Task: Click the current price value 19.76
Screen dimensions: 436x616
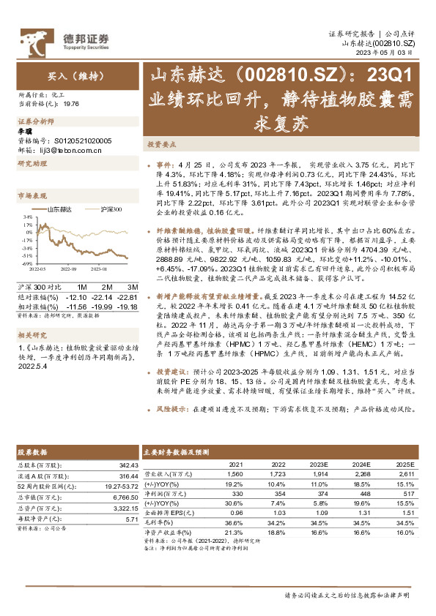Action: point(72,104)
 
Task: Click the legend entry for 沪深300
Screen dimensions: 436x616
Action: point(108,209)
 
